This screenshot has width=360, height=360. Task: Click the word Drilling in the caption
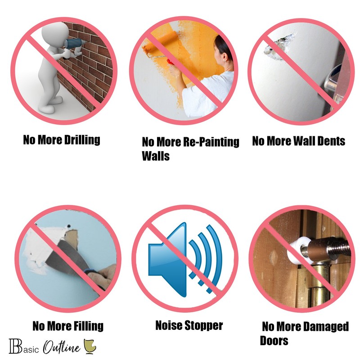pyautogui.click(x=82, y=140)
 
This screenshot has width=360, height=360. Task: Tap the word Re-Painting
pyautogui.click(x=211, y=142)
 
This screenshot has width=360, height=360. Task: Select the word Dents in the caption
pyautogui.click(x=331, y=141)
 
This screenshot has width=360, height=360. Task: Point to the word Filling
pyautogui.click(x=88, y=326)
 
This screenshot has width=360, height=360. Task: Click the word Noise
pyautogui.click(x=169, y=325)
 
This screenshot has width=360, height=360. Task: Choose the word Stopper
pyautogui.click(x=204, y=326)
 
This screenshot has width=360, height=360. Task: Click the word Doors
pyautogui.click(x=274, y=341)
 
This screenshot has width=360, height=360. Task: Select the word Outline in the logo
pyautogui.click(x=62, y=346)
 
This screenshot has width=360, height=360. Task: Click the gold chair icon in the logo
pyautogui.click(x=90, y=346)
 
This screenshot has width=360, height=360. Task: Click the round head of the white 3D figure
pyautogui.click(x=54, y=34)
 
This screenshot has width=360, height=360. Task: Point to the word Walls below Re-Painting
pyautogui.click(x=156, y=156)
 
